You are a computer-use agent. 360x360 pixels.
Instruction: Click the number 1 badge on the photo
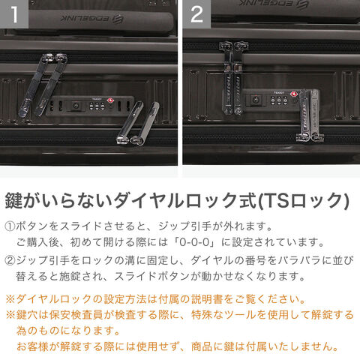(14, 14)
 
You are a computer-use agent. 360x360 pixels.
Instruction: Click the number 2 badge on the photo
(197, 14)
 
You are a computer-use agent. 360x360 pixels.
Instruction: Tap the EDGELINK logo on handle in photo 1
(92, 19)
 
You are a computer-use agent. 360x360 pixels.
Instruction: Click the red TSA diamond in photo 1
(110, 100)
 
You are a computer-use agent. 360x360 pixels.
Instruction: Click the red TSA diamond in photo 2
(294, 94)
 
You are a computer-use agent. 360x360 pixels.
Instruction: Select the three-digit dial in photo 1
(97, 106)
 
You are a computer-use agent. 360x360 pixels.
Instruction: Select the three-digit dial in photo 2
(279, 100)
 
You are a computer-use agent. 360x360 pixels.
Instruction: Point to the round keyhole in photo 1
(76, 106)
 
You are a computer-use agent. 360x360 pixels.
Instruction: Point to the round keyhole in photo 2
(256, 100)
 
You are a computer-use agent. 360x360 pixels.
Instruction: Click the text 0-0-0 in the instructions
(194, 242)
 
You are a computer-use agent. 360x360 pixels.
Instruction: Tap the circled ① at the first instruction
(10, 226)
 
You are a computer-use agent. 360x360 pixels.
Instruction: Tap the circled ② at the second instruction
(10, 261)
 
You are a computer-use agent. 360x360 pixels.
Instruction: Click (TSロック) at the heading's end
(303, 201)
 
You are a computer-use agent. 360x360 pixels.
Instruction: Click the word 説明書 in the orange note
(207, 299)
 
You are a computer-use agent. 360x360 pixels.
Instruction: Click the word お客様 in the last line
(32, 346)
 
